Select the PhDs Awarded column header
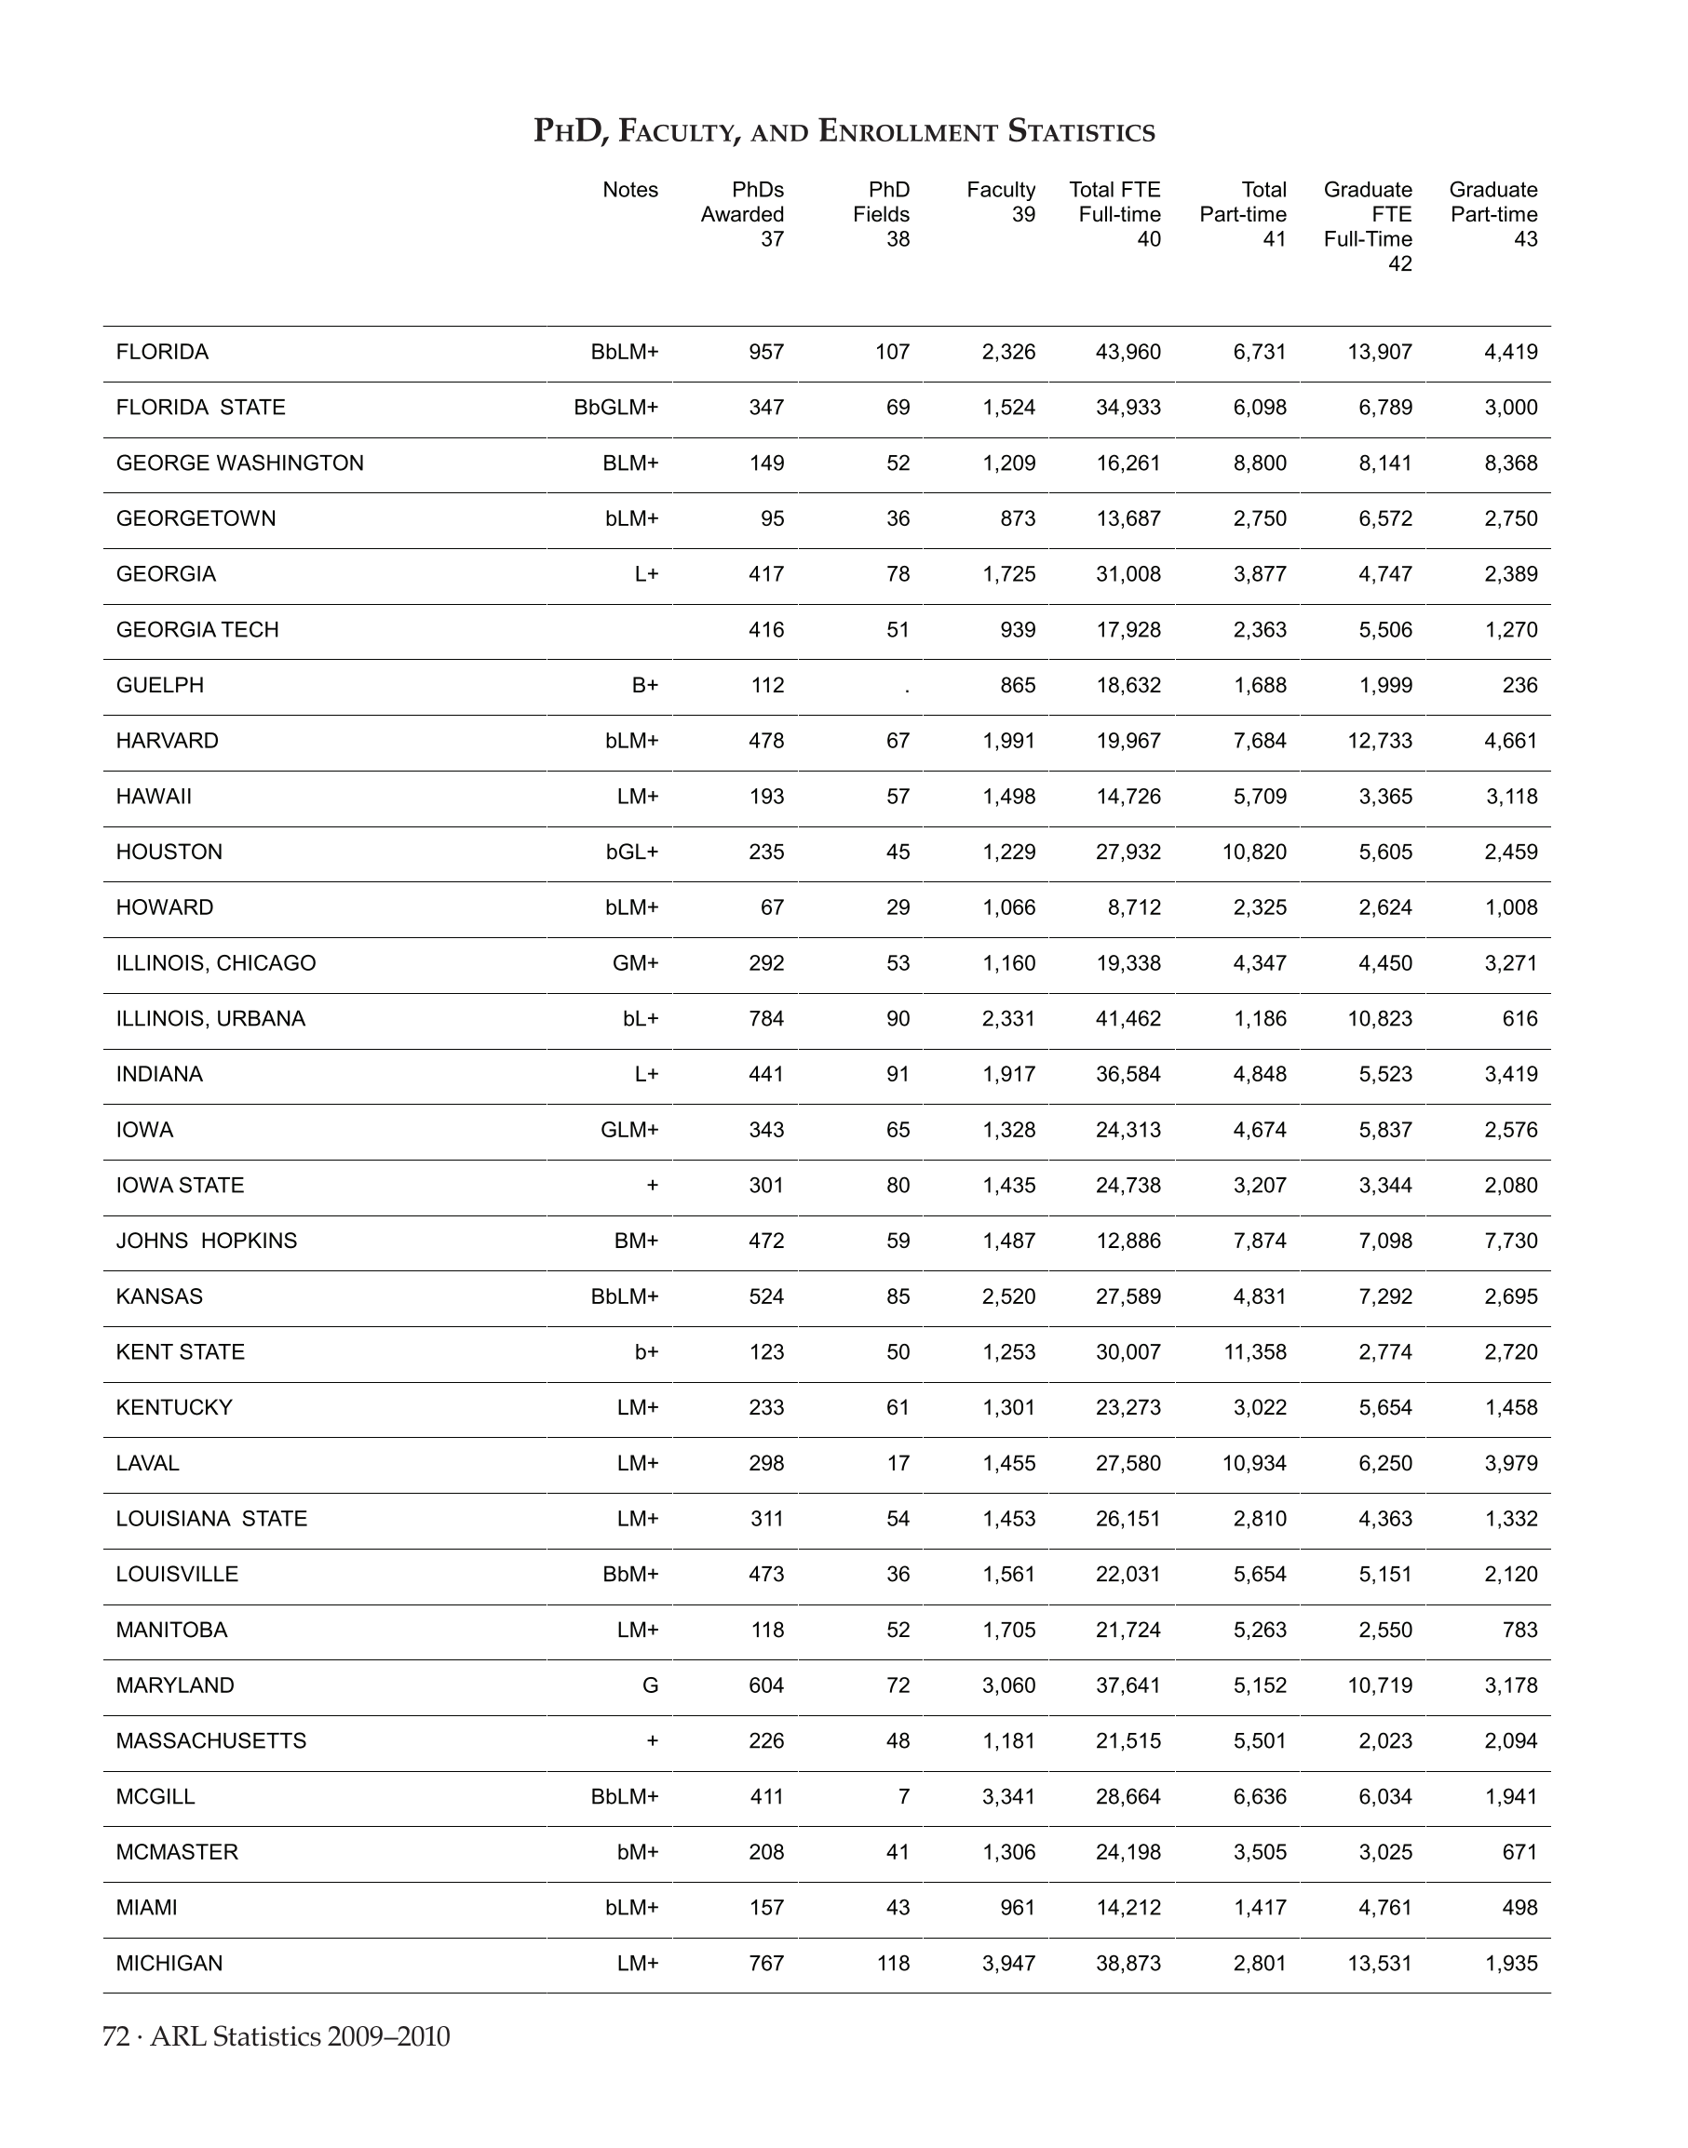(742, 213)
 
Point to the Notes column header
(629, 190)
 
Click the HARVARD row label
(167, 741)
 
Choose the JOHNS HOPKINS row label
(207, 1241)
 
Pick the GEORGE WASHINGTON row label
(240, 463)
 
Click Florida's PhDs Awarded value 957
(766, 353)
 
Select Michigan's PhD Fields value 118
(893, 1963)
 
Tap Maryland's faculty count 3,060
(1008, 1685)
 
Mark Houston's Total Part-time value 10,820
(1254, 852)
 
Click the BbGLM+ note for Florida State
(615, 408)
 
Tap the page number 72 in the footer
(115, 2036)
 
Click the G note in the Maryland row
(649, 1685)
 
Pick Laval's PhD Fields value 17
(898, 1463)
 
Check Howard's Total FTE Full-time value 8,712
(1135, 908)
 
